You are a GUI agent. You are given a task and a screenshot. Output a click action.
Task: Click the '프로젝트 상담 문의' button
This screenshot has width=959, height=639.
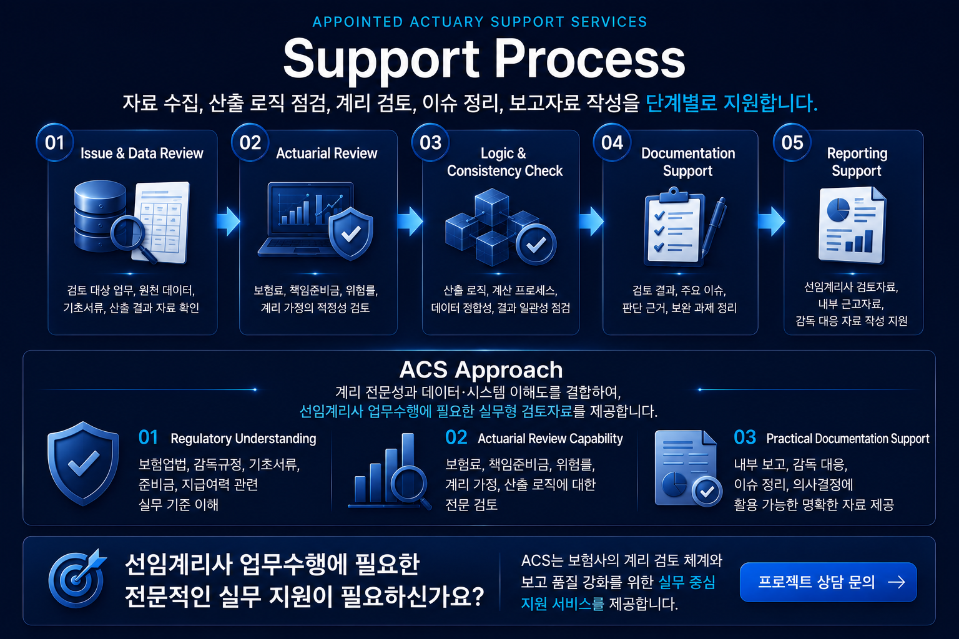click(x=828, y=582)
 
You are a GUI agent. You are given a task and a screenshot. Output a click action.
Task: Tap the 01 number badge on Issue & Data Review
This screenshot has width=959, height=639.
click(x=55, y=142)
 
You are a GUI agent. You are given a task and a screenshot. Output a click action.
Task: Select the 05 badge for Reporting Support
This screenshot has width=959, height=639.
click(x=792, y=142)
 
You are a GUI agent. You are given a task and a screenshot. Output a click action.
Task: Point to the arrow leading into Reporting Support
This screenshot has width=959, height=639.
click(x=771, y=222)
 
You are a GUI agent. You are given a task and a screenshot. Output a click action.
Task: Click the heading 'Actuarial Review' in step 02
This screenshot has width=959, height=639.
click(x=327, y=154)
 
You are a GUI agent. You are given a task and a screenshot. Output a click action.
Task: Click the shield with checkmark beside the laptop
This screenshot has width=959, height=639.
click(x=351, y=233)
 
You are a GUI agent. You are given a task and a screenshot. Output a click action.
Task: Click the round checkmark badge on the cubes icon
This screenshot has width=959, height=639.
click(x=536, y=245)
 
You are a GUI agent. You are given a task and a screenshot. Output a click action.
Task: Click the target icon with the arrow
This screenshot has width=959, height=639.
click(x=77, y=578)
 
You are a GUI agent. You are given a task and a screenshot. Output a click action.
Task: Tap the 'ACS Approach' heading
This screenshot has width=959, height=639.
click(x=481, y=370)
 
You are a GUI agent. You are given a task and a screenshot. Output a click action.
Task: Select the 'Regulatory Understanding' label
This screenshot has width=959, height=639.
click(x=243, y=439)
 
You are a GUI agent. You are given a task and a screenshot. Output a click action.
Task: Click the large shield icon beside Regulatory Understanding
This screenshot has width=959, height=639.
click(x=83, y=464)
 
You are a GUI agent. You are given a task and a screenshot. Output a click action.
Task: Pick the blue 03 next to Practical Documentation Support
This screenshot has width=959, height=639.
click(x=744, y=437)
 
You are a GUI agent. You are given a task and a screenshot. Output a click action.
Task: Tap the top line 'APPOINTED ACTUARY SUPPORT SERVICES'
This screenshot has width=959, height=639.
click(x=480, y=22)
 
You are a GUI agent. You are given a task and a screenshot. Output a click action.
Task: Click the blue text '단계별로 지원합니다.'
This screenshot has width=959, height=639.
click(x=731, y=103)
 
